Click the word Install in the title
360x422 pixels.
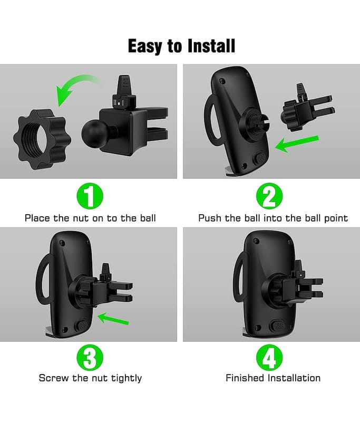[211, 46]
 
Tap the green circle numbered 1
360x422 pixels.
[90, 196]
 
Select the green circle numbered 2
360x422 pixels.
[269, 196]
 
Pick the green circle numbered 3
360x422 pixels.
[90, 358]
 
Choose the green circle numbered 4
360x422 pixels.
[269, 358]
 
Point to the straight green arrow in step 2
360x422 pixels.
[297, 143]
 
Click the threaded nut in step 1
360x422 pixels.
[42, 139]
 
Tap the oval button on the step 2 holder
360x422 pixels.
[260, 159]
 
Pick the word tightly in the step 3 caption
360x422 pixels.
[127, 378]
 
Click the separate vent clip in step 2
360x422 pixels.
[307, 110]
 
